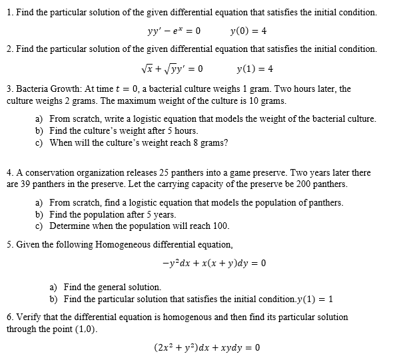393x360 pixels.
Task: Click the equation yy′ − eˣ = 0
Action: point(174,31)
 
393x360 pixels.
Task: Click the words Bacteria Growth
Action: point(44,89)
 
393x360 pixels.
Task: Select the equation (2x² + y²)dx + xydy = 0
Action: point(206,347)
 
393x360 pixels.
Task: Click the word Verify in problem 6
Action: point(27,317)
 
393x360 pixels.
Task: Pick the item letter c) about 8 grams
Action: point(39,142)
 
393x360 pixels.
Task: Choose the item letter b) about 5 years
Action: point(39,214)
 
